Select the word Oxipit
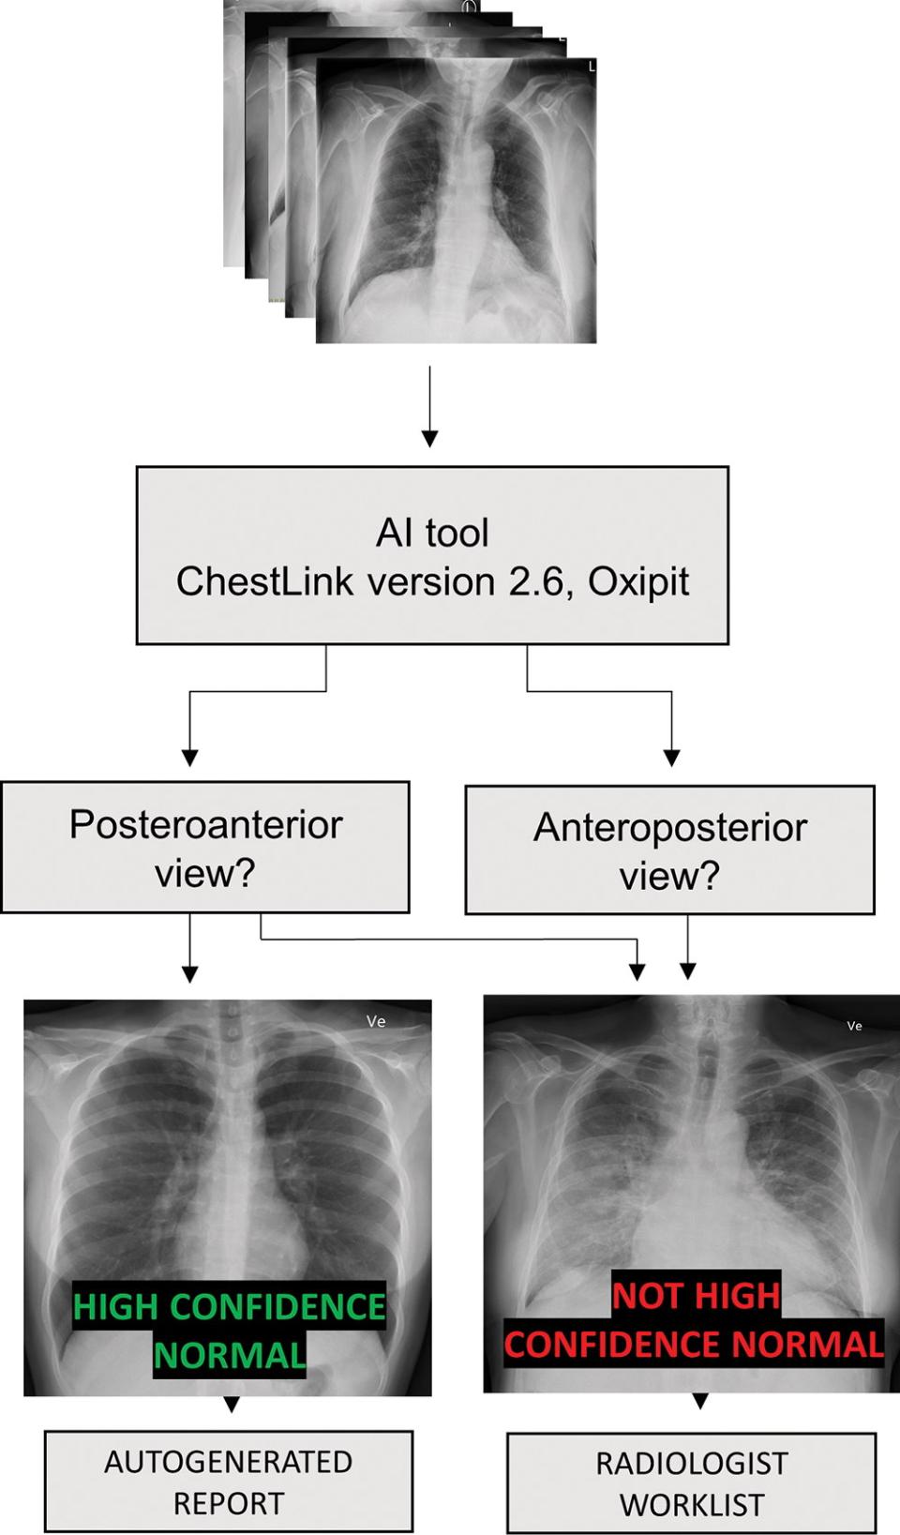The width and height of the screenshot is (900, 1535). pos(638,582)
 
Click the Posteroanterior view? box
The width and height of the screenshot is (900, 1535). pos(205,848)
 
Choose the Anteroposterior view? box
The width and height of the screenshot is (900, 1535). pos(669,850)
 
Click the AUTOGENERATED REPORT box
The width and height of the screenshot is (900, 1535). pos(229,1482)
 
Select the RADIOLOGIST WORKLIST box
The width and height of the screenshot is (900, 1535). pos(692,1483)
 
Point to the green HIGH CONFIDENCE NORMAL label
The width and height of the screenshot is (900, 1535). pos(230,1331)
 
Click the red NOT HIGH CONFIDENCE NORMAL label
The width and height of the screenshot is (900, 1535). pos(694,1320)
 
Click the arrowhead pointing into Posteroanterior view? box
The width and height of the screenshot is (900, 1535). pos(190,757)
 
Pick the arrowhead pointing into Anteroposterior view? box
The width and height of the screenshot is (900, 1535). pos(671,757)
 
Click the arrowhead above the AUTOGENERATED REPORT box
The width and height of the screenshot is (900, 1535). pos(232,1404)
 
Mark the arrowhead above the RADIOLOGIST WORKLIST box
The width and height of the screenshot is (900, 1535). pos(699,1401)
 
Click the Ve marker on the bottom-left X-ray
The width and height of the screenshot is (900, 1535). pos(376,1021)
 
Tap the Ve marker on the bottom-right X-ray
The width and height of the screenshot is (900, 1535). pos(854,1026)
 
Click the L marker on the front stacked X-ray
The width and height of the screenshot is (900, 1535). pos(591,67)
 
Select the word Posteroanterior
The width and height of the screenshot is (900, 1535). pos(205,824)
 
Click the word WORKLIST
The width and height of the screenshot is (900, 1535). pos(692,1505)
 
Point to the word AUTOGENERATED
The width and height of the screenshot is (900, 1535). pos(229,1462)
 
